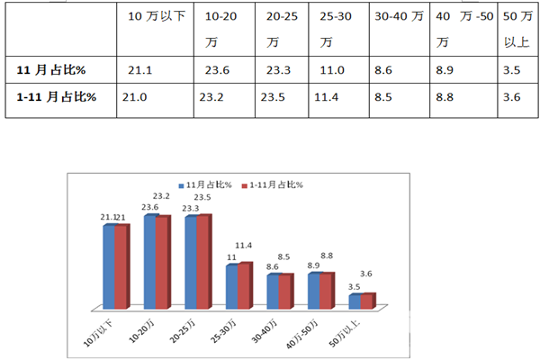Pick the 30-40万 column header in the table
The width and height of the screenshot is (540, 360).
[x=399, y=17]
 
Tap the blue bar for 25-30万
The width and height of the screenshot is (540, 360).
[x=232, y=286]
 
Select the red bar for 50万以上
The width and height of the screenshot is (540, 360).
[x=366, y=301]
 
